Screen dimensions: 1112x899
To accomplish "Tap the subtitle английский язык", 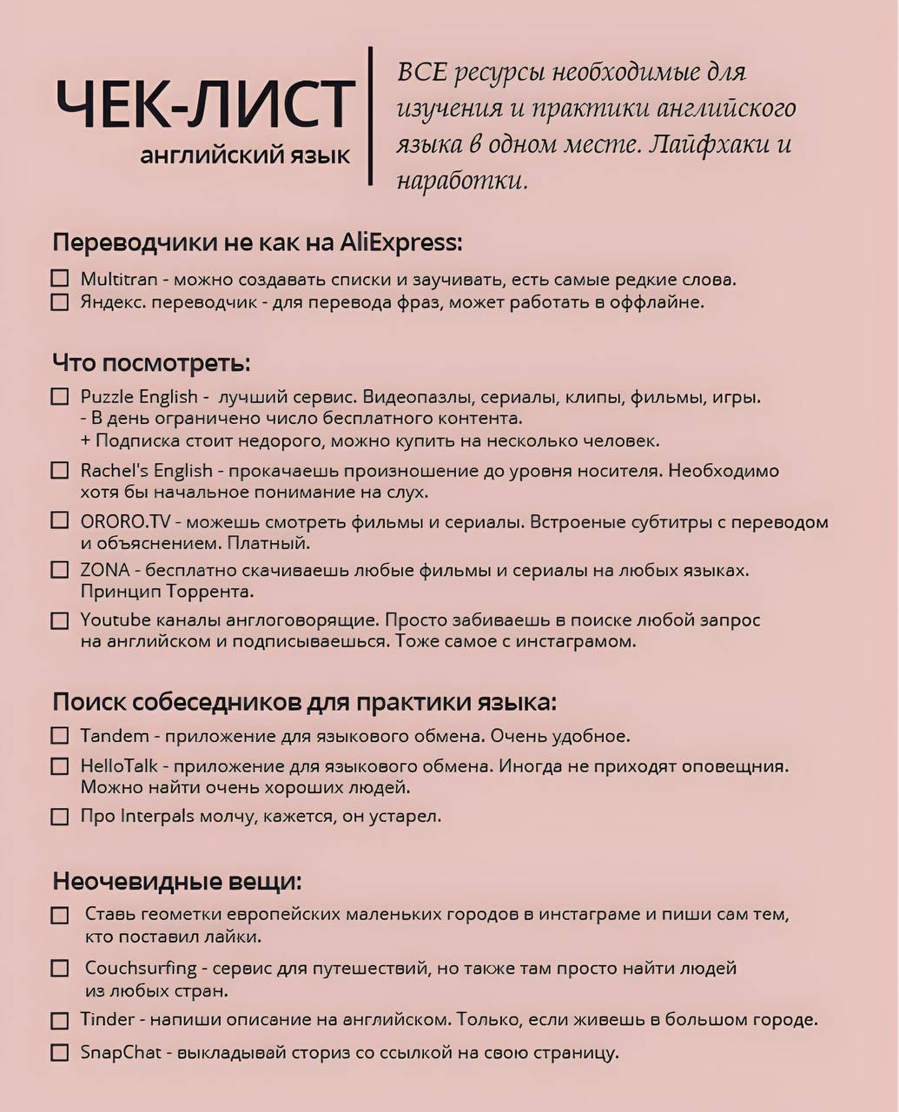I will point(245,156).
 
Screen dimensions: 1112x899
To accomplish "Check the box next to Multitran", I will point(59,279).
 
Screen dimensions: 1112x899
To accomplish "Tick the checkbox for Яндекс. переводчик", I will point(59,302).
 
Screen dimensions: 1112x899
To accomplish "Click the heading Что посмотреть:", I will point(151,361).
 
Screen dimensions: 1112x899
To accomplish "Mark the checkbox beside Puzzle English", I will point(59,397).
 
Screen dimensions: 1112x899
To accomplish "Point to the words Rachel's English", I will point(146,471).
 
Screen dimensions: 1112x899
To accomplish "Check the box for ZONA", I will point(59,571).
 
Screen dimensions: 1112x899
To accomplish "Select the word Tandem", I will point(115,736).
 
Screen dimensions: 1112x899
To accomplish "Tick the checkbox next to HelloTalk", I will point(59,766).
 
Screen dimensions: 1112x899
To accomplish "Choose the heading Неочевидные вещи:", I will point(177,881).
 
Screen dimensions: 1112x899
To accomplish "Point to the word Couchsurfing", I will point(142,968).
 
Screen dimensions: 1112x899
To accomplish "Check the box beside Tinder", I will point(59,1021).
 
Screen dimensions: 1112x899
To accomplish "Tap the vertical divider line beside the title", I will point(371,116).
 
